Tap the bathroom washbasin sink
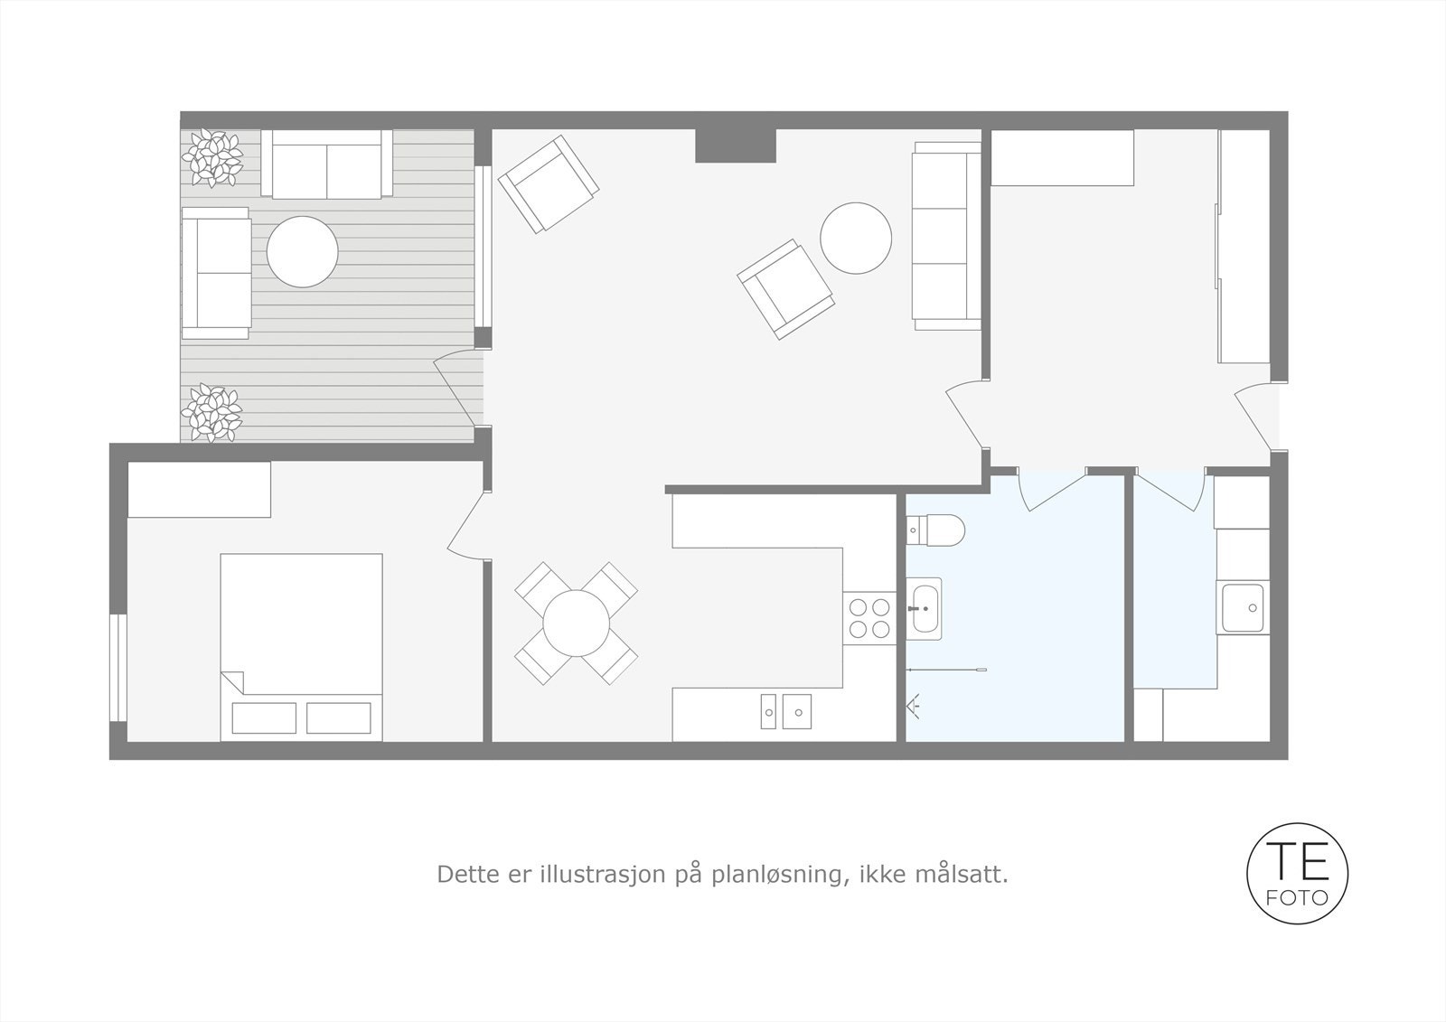[x=924, y=609]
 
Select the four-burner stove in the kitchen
[x=869, y=617]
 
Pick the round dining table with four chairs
[x=576, y=624]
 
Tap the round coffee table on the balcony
[x=302, y=251]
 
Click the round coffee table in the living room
[x=855, y=238]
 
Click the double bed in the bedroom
[x=301, y=646]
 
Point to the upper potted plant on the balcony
[x=212, y=158]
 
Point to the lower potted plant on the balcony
[x=211, y=413]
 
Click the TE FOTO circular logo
[x=1297, y=873]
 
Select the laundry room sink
[x=1242, y=608]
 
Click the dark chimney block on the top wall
[x=735, y=145]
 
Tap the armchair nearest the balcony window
[x=548, y=184]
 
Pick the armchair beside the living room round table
[x=784, y=288]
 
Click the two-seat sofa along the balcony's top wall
[x=326, y=164]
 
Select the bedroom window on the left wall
[x=117, y=668]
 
